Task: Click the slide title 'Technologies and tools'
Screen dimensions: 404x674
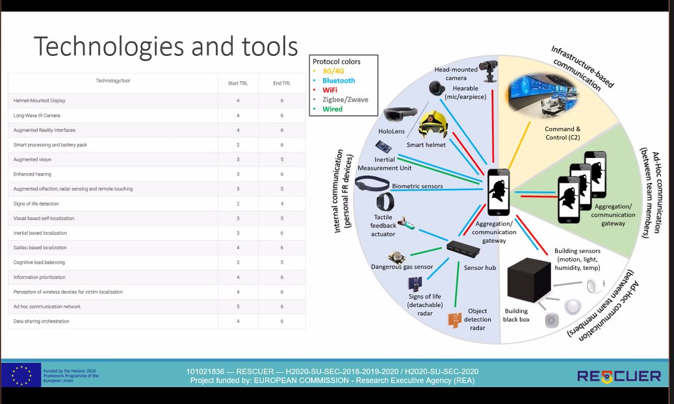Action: click(x=165, y=47)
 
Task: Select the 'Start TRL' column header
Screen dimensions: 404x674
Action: click(x=237, y=82)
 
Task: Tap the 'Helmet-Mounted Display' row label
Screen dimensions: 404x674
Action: click(x=40, y=100)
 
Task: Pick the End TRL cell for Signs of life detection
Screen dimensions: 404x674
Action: click(x=281, y=203)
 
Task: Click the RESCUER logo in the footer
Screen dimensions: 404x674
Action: click(x=619, y=375)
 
